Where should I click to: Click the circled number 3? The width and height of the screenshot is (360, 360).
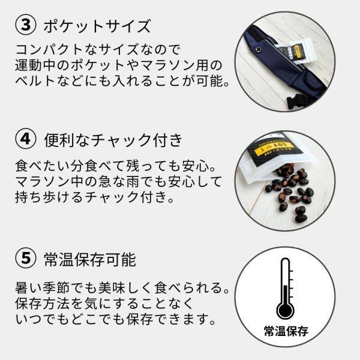[25, 25]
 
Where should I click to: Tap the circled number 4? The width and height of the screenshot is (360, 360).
[25, 139]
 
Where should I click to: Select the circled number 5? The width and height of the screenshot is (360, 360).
[25, 258]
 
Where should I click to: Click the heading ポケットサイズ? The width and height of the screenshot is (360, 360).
[97, 26]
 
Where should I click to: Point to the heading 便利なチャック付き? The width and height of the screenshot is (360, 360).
[113, 140]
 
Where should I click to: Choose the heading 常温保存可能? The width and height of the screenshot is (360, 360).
[90, 259]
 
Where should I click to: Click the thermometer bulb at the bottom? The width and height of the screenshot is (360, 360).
[285, 311]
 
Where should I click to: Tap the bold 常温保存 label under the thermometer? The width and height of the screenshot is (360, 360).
[286, 331]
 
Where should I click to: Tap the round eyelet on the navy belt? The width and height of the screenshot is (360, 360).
[259, 49]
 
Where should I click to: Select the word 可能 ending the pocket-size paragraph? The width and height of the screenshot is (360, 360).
[210, 81]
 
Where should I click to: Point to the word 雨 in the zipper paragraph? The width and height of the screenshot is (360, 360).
[133, 182]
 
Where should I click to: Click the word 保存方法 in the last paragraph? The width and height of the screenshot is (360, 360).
[43, 304]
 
